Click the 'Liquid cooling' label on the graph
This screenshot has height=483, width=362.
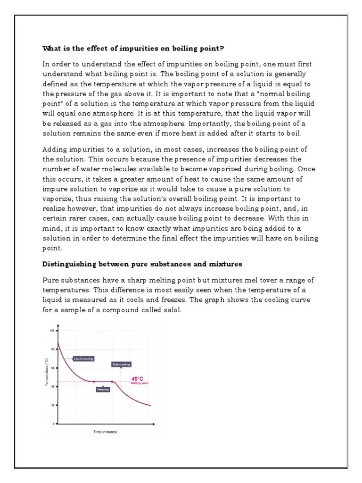pos(84,358)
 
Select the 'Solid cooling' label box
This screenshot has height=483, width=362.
pos(121,364)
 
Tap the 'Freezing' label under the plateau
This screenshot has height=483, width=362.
pos(103,390)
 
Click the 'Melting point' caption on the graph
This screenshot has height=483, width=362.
pos(140,383)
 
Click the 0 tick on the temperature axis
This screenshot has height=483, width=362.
pos(52,424)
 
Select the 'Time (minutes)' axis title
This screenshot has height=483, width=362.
pos(104,432)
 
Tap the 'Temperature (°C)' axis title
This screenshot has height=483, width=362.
pos(46,373)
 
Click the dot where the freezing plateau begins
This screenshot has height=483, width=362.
pos(93,381)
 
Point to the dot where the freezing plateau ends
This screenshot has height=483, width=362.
pos(112,381)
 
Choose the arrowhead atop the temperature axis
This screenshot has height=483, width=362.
pos(58,325)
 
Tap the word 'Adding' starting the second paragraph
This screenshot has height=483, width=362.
pos(55,150)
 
